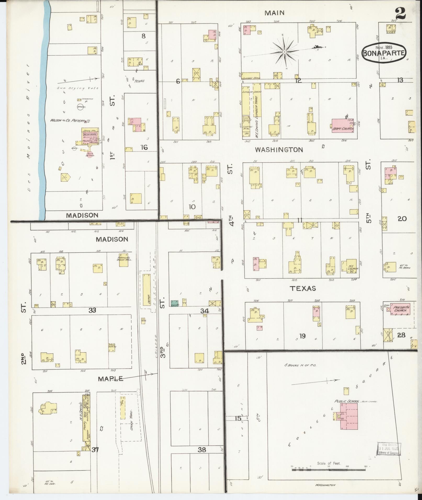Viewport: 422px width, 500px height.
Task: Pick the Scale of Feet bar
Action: tap(328, 470)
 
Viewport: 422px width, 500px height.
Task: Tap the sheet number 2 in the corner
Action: tap(400, 13)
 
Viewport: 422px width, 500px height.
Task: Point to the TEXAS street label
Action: tap(303, 289)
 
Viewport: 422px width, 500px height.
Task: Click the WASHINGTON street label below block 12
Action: tap(279, 150)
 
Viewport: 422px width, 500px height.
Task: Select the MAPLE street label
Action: tap(110, 379)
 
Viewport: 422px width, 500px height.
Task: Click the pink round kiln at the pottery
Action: tap(90, 154)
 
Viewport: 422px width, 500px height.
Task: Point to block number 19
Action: tap(302, 336)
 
